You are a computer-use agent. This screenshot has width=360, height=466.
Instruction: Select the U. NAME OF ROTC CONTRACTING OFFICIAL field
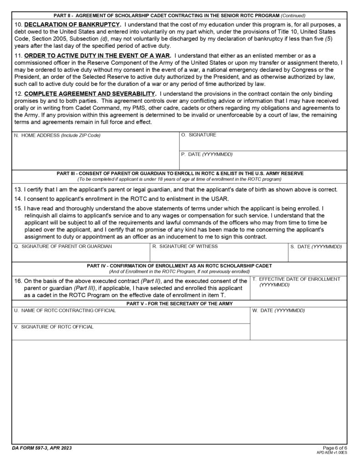pos(131,316)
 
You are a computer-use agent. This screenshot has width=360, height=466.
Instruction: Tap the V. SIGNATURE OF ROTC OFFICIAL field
pos(131,333)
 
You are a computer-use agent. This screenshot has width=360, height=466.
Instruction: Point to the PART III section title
pos(180,173)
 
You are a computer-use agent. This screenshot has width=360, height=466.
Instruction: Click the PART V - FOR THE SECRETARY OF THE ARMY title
pos(180,304)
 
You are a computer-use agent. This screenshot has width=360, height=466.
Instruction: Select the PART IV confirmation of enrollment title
pos(180,266)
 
